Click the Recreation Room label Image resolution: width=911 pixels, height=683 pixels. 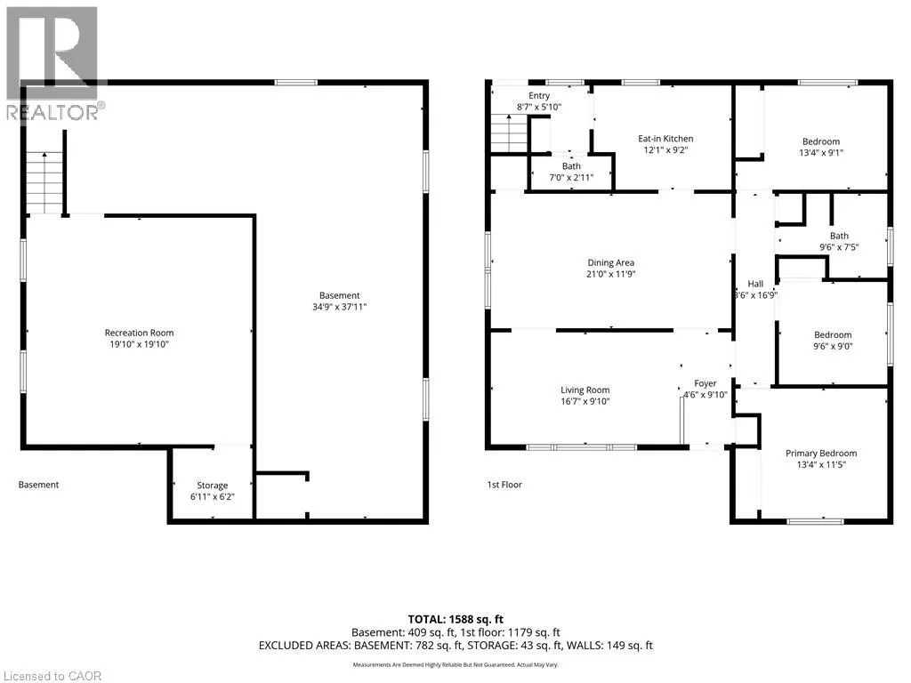(139, 333)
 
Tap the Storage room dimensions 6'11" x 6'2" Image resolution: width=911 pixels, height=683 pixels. (212, 496)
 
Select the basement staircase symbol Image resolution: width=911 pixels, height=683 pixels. (44, 182)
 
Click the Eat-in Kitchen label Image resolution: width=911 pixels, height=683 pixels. (665, 138)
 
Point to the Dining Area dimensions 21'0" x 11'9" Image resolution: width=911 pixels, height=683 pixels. (610, 274)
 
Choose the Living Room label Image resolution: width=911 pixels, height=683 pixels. (585, 390)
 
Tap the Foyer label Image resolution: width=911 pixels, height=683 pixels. (705, 383)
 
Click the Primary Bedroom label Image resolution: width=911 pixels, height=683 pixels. (821, 453)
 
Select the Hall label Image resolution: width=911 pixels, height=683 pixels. (755, 284)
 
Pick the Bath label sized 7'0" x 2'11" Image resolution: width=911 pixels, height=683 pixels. (571, 166)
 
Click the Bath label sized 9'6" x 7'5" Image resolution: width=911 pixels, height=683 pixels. (839, 236)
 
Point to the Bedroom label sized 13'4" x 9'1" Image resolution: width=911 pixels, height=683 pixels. (821, 141)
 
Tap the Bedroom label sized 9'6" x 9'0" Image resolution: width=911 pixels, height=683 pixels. (833, 334)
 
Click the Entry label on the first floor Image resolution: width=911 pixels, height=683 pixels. (539, 95)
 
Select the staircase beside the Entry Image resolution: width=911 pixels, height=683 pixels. (510, 133)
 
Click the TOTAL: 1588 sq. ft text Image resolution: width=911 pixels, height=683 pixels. (455, 619)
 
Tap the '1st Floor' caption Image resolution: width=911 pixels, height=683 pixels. (504, 485)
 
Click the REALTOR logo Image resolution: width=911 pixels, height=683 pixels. (53, 64)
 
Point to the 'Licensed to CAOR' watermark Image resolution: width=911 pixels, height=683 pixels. (52, 676)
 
